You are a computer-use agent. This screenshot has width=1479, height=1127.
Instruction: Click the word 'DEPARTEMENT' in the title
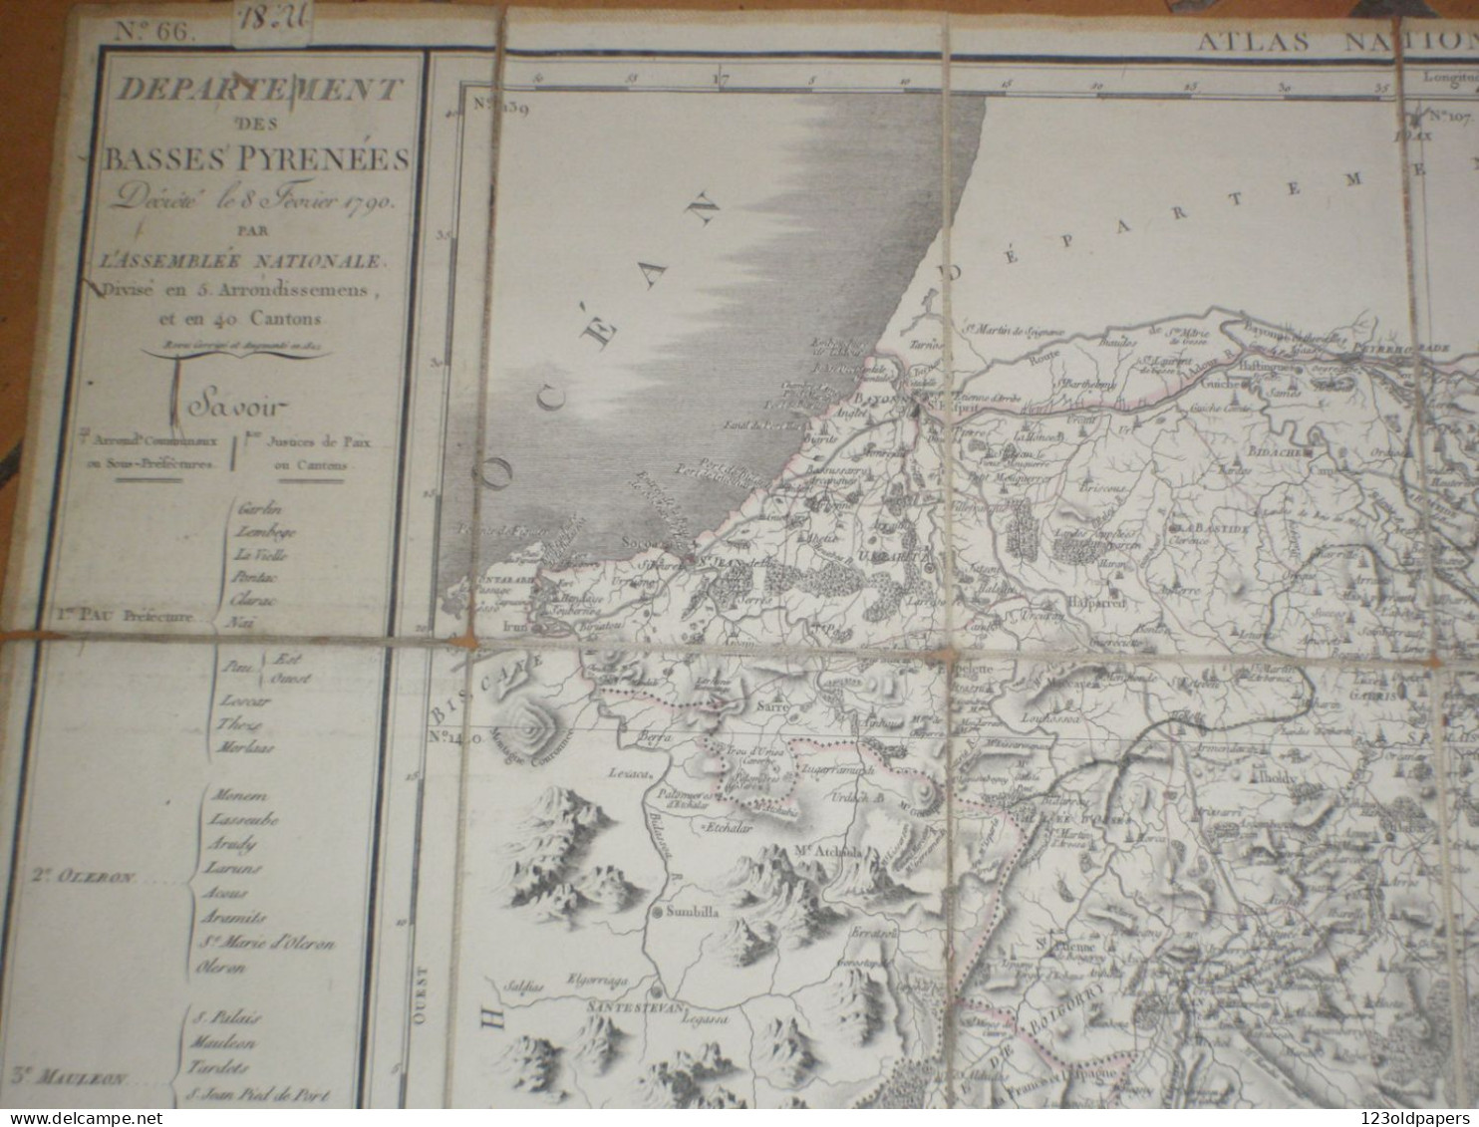(x=259, y=90)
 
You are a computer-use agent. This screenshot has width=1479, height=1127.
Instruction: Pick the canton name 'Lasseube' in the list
(x=243, y=819)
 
